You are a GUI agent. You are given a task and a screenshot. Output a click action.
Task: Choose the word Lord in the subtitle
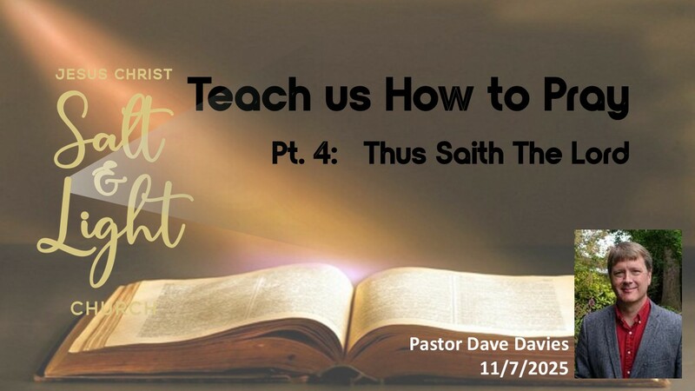point(597,154)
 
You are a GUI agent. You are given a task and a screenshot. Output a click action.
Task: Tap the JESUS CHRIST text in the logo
point(114,75)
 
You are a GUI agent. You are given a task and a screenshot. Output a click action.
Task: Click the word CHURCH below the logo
point(114,308)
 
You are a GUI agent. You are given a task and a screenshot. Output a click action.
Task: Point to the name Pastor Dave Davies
point(489,345)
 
